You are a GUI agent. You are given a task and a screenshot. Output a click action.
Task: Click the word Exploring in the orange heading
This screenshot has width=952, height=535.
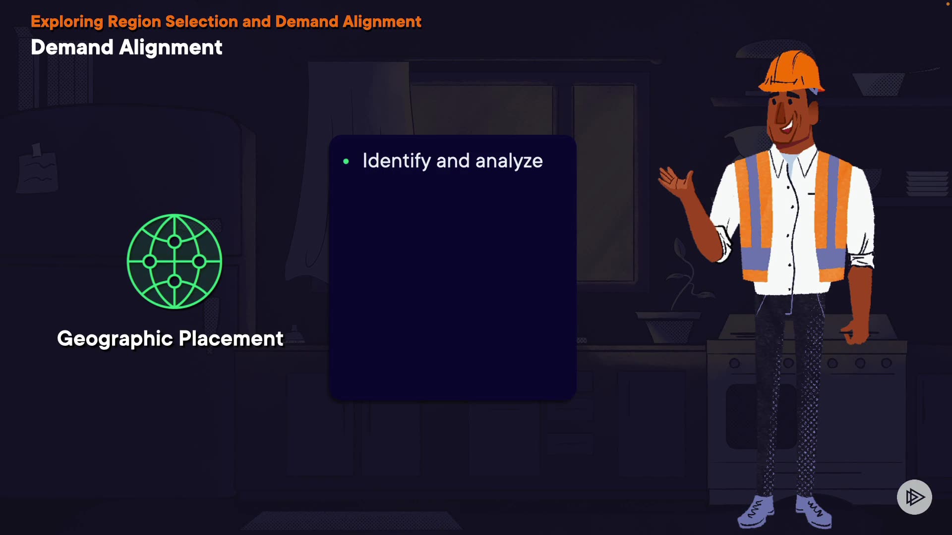point(67,22)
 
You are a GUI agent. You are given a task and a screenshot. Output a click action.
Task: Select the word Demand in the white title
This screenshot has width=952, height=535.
point(72,48)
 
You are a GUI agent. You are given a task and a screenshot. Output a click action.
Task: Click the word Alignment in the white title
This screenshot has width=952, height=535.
point(171,48)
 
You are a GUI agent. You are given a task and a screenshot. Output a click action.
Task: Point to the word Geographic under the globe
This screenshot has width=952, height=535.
point(115,339)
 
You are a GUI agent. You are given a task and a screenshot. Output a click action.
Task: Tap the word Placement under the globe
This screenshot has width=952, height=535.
point(231,338)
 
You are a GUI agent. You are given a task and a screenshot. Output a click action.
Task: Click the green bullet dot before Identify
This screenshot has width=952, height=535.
point(346,161)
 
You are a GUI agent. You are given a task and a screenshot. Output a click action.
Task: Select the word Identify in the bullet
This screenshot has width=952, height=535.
point(397,161)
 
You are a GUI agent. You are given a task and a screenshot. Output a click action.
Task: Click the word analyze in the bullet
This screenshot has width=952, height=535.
point(509,161)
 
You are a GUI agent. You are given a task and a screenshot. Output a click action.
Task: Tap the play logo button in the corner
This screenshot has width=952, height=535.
point(914,497)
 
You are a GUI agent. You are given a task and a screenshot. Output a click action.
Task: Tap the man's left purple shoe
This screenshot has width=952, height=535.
point(755,512)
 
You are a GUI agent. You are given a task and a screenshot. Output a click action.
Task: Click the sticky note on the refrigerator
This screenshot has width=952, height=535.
point(37,168)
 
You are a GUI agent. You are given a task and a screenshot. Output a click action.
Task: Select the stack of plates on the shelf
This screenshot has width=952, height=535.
point(927,183)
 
